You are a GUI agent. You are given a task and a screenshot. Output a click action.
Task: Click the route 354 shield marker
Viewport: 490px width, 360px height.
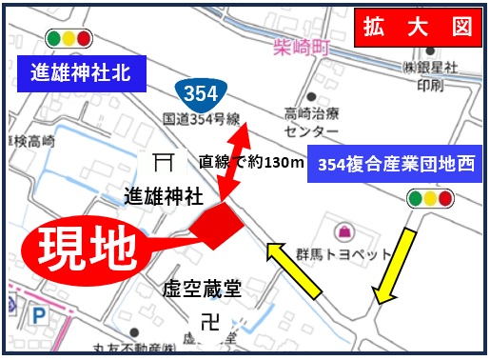pyautogui.click(x=199, y=93)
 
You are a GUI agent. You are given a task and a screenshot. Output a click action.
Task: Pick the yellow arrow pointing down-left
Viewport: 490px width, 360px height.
pyautogui.click(x=394, y=266)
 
